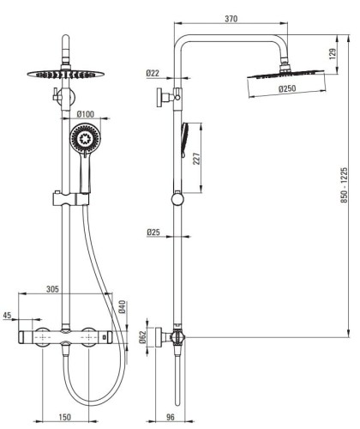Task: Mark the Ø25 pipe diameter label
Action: (153, 233)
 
